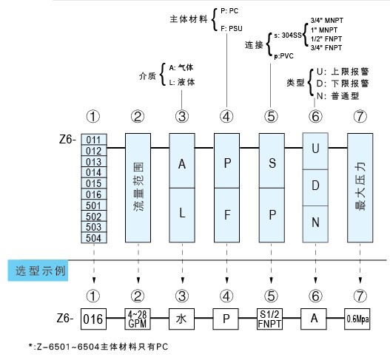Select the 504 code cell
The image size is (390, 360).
(x=93, y=240)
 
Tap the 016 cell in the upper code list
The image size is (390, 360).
(x=93, y=194)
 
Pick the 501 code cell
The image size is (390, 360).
(x=93, y=206)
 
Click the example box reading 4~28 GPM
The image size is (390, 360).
(x=138, y=320)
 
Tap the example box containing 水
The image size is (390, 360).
(x=181, y=320)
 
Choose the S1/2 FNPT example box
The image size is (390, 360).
(x=271, y=320)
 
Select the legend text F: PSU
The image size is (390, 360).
(x=232, y=27)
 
